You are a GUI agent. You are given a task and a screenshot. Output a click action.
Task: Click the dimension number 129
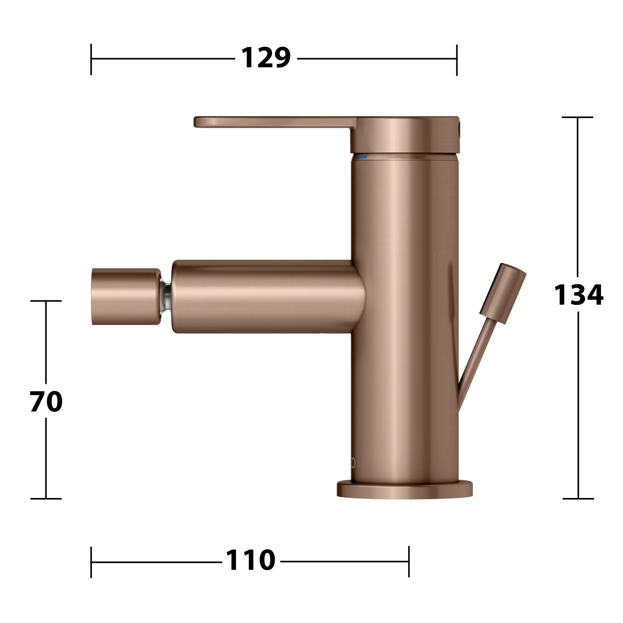click(266, 58)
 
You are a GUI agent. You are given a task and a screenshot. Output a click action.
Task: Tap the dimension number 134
click(578, 295)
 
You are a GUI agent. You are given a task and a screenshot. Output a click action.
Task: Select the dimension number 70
click(46, 402)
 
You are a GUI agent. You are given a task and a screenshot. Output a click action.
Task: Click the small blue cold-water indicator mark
click(363, 157)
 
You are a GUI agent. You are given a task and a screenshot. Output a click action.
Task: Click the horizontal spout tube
click(264, 296)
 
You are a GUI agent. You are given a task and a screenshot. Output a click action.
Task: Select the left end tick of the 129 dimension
click(91, 59)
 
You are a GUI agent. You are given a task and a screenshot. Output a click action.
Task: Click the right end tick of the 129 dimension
click(457, 60)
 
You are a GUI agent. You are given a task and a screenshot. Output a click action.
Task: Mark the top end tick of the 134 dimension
click(578, 117)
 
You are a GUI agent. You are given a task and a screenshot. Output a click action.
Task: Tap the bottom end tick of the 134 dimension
click(578, 499)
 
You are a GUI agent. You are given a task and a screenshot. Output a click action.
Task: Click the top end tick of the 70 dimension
click(46, 301)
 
